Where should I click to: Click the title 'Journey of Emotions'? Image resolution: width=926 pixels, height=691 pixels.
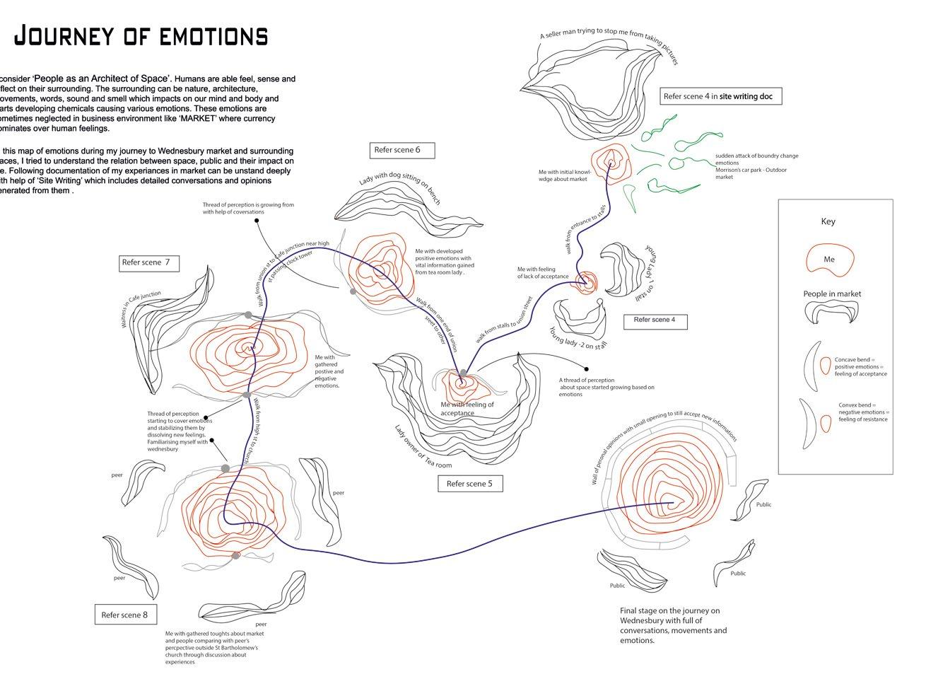coord(141,36)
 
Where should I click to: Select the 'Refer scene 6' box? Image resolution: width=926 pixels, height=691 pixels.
coord(402,150)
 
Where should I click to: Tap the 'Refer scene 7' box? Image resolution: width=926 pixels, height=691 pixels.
coord(148,263)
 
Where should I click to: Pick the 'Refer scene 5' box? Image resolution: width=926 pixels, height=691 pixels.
coord(469,484)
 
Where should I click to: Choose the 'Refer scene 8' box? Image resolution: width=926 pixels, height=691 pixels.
coord(125,615)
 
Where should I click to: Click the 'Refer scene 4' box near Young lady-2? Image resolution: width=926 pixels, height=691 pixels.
coord(655,320)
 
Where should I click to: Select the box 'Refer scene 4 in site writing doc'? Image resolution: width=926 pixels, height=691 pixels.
coord(721,96)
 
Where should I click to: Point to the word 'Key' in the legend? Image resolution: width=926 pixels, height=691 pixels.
coord(828,221)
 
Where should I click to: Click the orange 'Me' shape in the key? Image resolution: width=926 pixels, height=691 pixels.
coord(829,259)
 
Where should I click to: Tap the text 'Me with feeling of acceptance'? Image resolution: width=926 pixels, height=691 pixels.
coord(467,409)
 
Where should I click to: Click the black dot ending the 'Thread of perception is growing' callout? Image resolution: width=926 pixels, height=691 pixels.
coord(257,221)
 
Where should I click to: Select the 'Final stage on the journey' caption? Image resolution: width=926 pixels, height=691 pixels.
coord(672,625)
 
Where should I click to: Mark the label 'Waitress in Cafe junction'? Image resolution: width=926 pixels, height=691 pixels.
coord(141,308)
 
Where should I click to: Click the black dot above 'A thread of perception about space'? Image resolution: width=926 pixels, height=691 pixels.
coord(585,368)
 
